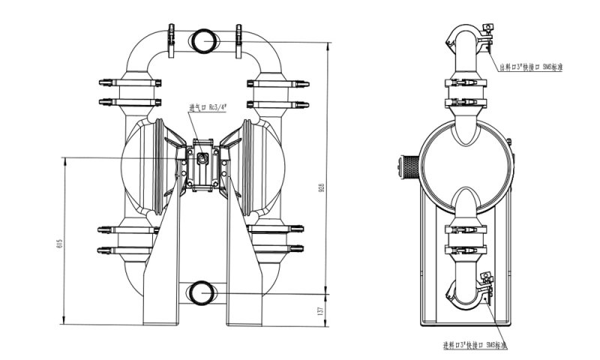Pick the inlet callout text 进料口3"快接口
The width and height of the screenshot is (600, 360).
[475, 346]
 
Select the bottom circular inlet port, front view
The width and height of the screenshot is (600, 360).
[202, 292]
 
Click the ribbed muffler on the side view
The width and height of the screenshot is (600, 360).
[407, 166]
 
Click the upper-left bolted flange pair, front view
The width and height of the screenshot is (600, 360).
[132, 91]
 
